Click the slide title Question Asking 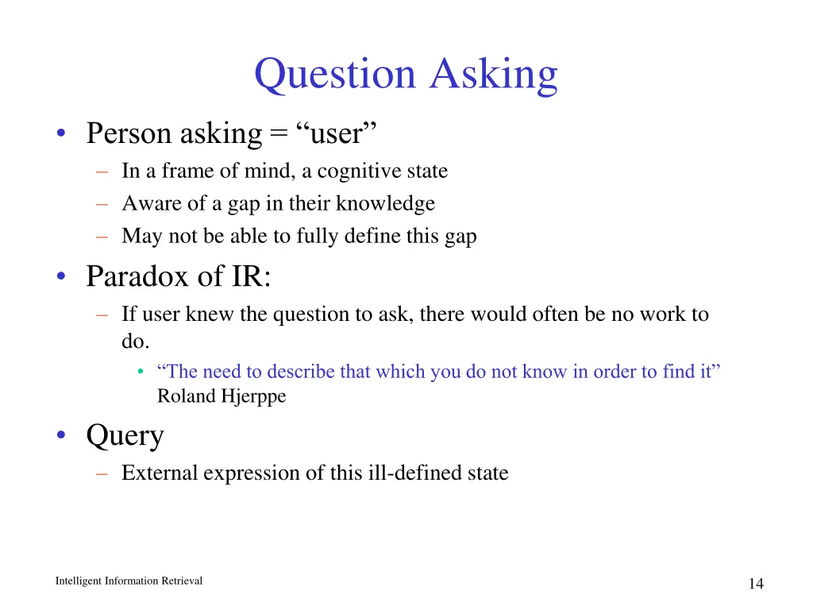point(406,75)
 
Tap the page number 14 point(755,584)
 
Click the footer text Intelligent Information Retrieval point(129,581)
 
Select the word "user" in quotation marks point(336,133)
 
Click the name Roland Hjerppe point(222,396)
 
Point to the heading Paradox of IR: point(179,276)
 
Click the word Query point(125,435)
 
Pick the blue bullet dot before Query point(61,435)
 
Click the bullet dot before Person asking point(61,133)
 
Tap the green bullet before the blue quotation point(141,372)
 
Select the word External point(160,473)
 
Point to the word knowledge point(385,203)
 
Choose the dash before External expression point(101,473)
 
